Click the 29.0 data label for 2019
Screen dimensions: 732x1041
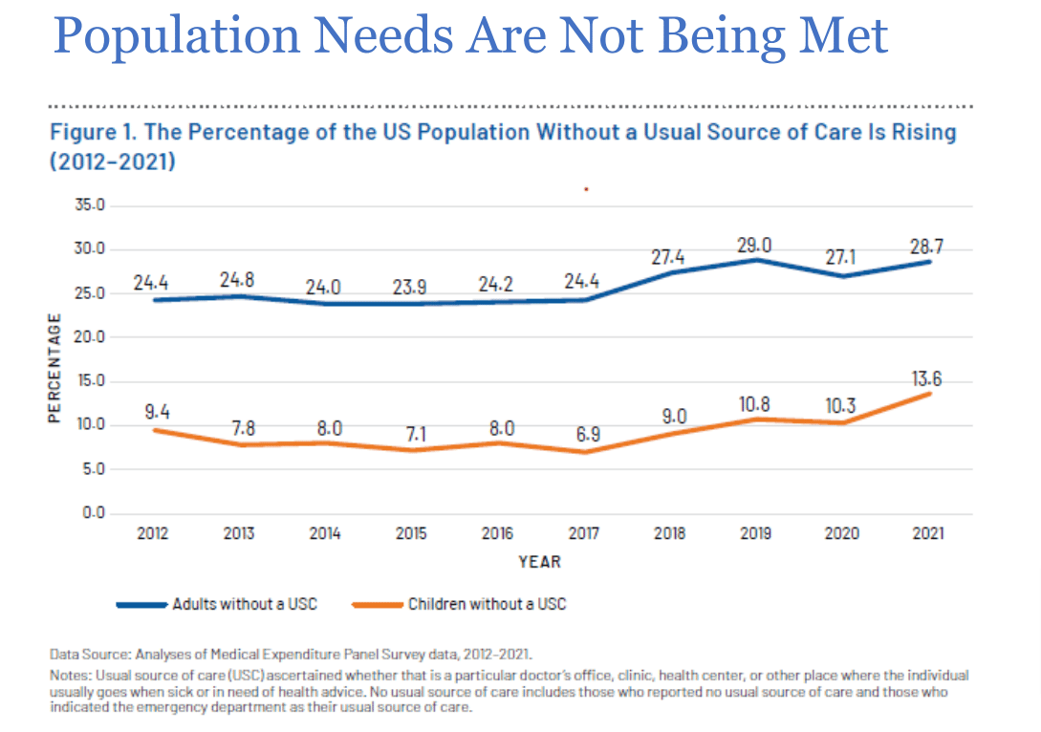(755, 246)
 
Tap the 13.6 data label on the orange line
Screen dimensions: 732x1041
(925, 378)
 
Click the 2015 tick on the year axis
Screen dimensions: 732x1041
(411, 533)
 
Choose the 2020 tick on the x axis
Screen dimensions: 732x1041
(841, 533)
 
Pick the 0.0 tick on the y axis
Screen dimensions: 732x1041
(94, 514)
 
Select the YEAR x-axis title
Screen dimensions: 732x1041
(540, 562)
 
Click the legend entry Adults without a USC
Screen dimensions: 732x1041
(245, 604)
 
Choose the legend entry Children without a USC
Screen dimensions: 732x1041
(486, 604)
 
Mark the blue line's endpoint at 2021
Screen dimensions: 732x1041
(928, 262)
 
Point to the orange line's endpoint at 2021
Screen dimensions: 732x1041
(928, 394)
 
